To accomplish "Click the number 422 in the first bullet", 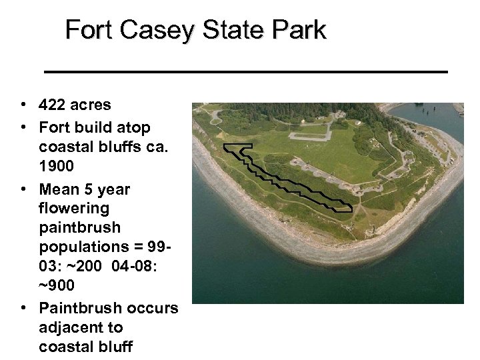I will tap(52, 105).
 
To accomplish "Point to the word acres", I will tap(90, 105).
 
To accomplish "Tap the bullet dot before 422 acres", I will tap(23, 105).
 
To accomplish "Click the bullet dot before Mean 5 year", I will tap(23, 189).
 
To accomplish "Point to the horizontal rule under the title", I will tap(245, 70).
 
